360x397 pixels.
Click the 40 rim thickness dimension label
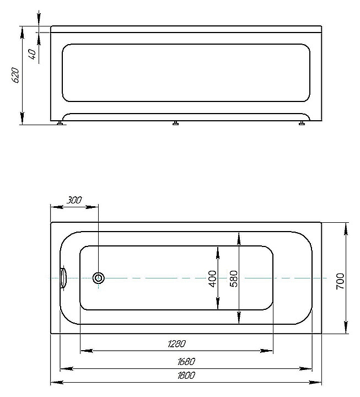pos(32,53)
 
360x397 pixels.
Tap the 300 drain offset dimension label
pos(74,200)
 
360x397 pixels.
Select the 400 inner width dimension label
pos(212,278)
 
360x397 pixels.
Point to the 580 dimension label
pos(233,278)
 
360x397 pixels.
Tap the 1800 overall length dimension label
pos(186,375)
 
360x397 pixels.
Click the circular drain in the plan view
pos(99,278)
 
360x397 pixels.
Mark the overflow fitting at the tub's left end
pos(63,278)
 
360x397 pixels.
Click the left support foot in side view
pos(60,124)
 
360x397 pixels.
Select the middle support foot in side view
pos(175,124)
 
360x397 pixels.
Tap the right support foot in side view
pos(302,124)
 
